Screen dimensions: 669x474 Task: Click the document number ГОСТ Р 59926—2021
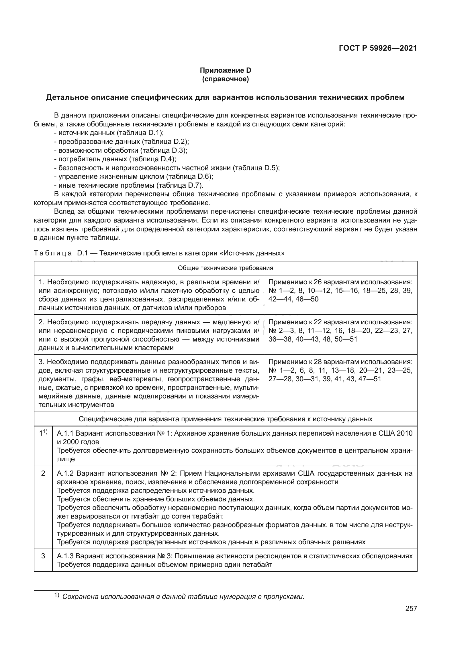pos(378,48)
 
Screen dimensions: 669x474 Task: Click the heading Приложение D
pos(225,70)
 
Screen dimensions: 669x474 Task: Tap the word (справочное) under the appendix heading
pos(225,79)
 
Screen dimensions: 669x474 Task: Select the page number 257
pos(411,608)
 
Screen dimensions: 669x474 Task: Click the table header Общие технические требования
pos(225,268)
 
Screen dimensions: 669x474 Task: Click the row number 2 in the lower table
pos(43,473)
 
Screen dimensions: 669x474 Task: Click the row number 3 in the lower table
pos(43,556)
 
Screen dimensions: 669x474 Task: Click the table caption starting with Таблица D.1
pos(159,253)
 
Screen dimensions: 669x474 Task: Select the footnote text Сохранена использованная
pos(183,596)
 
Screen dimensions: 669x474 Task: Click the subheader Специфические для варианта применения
pos(225,419)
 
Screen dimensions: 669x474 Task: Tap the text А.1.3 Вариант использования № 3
pos(115,556)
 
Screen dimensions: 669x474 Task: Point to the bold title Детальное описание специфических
pos(225,97)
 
